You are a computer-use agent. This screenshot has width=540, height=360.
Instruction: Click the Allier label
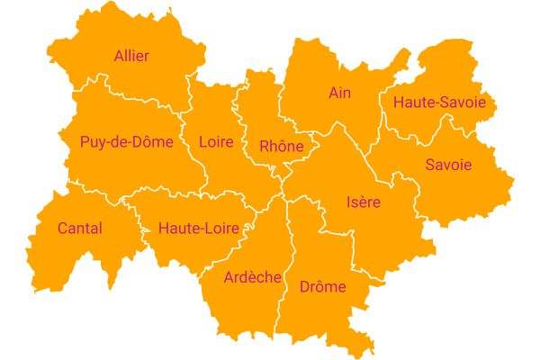tap(131, 56)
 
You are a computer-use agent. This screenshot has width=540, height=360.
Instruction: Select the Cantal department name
tap(79, 229)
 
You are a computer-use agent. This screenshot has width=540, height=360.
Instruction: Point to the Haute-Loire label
tap(198, 229)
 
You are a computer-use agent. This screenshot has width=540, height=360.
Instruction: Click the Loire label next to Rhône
tap(216, 142)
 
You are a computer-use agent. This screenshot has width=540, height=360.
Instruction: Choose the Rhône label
tap(282, 146)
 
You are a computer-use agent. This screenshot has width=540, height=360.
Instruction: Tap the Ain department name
tap(339, 93)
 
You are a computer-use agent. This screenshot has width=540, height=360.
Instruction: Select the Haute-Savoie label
tap(439, 103)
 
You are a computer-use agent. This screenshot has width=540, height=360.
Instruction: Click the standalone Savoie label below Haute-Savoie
tap(448, 166)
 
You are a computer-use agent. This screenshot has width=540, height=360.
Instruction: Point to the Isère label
tap(363, 202)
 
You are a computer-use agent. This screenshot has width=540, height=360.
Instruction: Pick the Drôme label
tap(322, 287)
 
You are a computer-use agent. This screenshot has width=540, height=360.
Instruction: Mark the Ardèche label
tap(253, 277)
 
